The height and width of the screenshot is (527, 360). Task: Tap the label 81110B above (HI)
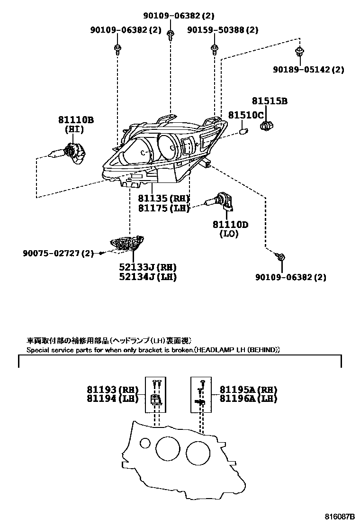click(76, 120)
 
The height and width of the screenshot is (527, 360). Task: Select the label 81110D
click(230, 224)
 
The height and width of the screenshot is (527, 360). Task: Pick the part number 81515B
click(270, 101)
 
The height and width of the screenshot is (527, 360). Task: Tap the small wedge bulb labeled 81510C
click(244, 129)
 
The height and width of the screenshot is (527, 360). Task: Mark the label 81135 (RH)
click(164, 198)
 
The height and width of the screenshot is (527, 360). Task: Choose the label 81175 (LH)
click(164, 208)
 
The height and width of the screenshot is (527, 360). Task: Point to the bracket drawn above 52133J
click(126, 243)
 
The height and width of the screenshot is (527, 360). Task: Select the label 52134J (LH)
click(147, 277)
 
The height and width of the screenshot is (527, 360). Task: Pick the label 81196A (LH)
click(248, 399)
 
